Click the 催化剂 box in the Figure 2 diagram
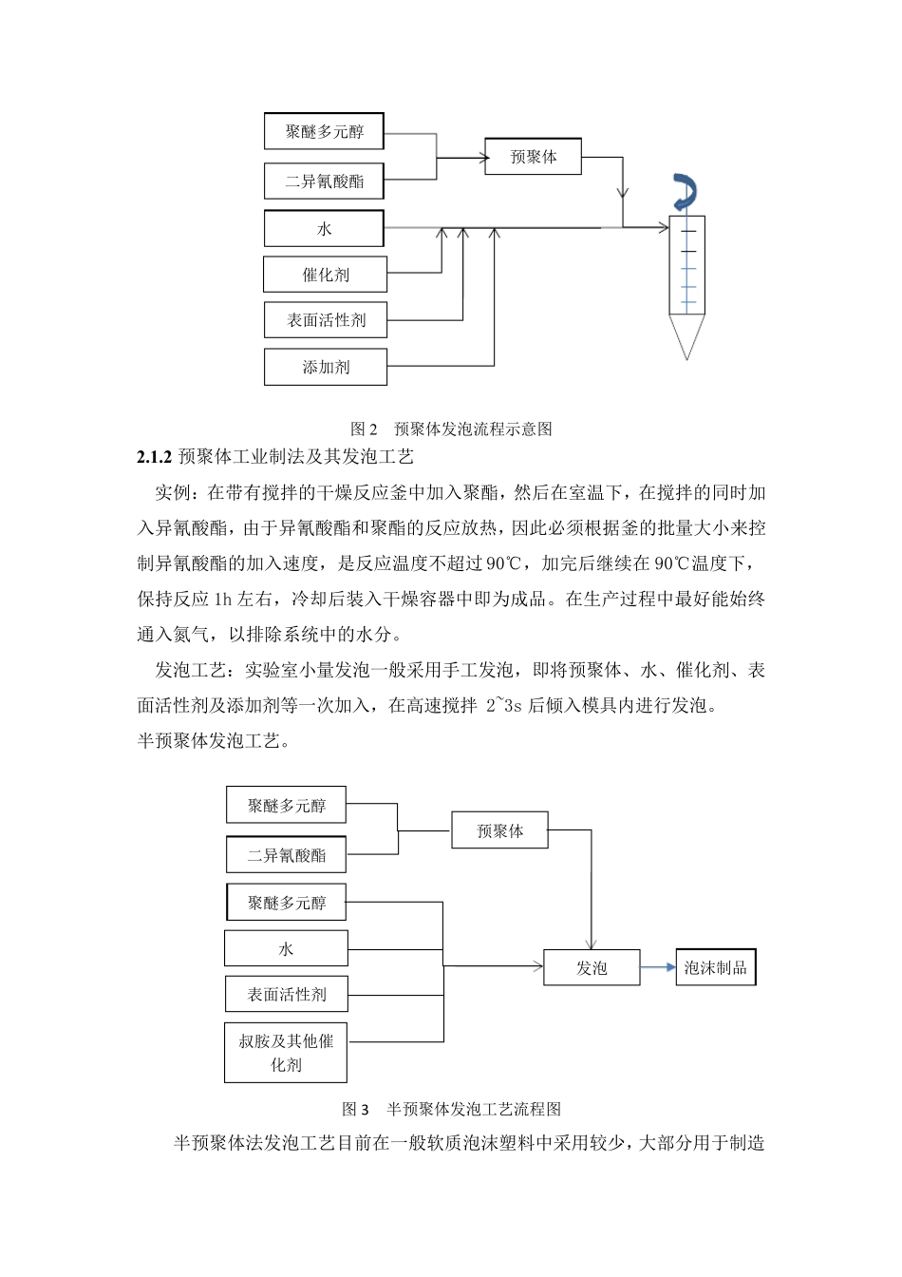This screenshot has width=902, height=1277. tap(325, 275)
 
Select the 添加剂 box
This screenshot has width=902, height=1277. tap(325, 367)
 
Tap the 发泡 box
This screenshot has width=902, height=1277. tap(592, 968)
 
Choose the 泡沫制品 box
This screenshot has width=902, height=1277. tap(715, 968)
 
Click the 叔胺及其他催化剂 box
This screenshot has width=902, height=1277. tap(286, 1053)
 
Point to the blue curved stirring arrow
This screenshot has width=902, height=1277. tap(684, 191)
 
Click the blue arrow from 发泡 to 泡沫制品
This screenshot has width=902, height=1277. tap(657, 968)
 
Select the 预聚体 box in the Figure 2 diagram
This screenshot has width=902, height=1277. tap(533, 157)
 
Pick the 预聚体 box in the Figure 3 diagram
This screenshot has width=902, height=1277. tap(499, 830)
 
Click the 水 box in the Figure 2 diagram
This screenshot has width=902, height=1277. tap(324, 229)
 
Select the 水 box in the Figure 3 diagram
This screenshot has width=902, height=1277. tap(286, 948)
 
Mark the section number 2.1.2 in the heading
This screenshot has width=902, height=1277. tap(154, 457)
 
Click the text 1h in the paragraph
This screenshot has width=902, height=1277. tap(222, 599)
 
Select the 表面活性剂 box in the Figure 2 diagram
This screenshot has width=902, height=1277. tap(326, 320)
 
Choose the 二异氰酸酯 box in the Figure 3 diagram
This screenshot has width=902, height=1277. tap(286, 855)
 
